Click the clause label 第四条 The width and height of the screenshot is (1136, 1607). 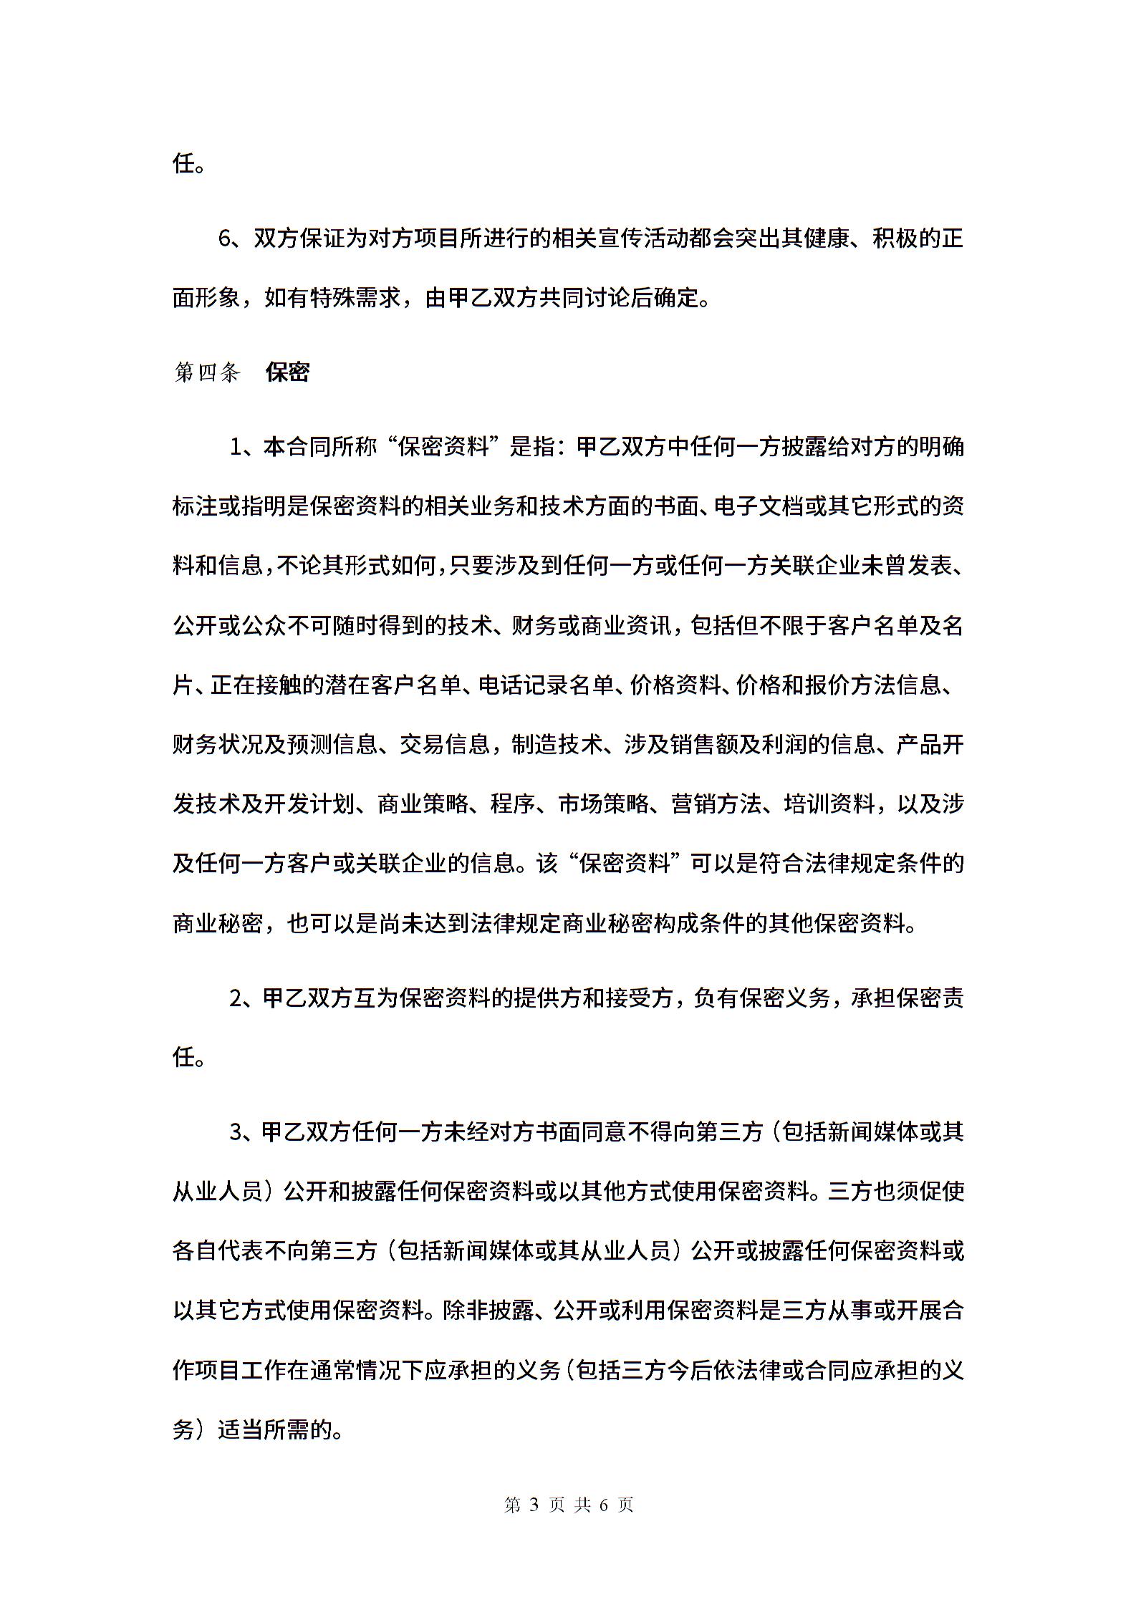[x=206, y=372]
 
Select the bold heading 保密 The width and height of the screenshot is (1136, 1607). [x=287, y=372]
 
